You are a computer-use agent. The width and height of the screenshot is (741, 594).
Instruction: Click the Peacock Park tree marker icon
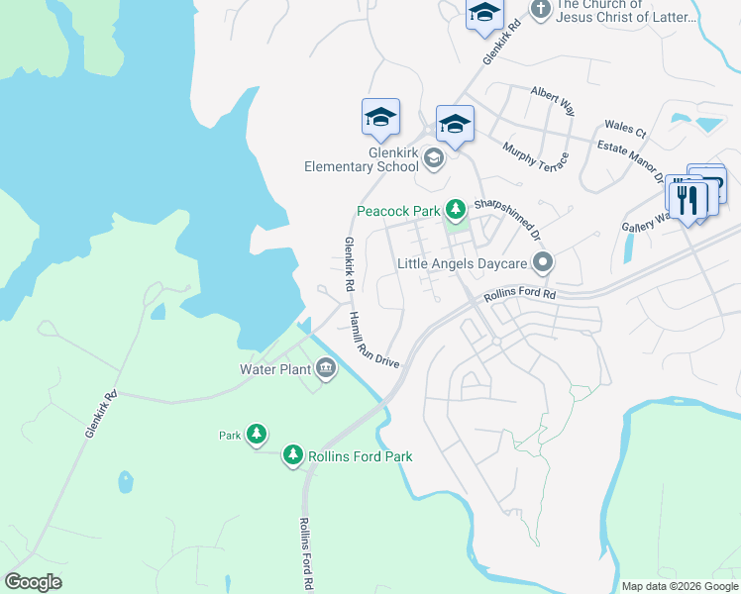(455, 210)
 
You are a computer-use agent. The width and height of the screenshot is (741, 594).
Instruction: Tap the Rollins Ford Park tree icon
(292, 455)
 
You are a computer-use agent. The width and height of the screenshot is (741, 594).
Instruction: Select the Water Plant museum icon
(326, 369)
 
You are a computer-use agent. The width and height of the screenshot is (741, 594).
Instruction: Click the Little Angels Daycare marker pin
(542, 263)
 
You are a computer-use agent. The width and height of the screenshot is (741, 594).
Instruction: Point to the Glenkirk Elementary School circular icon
(433, 157)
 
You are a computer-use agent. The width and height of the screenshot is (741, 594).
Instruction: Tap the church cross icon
(540, 10)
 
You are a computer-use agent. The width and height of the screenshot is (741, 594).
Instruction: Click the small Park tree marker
(257, 434)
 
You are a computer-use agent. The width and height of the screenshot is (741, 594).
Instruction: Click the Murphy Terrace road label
(535, 156)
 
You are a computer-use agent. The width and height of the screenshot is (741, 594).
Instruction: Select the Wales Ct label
(625, 130)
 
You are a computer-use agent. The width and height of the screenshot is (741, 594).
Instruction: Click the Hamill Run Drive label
(373, 340)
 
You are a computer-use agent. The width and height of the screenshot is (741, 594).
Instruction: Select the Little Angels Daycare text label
(463, 264)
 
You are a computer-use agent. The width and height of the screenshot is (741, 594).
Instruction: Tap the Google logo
(34, 581)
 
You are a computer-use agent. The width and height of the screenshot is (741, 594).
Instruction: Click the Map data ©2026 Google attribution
(680, 586)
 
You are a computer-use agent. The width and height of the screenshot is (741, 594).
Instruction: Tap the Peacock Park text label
(398, 211)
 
